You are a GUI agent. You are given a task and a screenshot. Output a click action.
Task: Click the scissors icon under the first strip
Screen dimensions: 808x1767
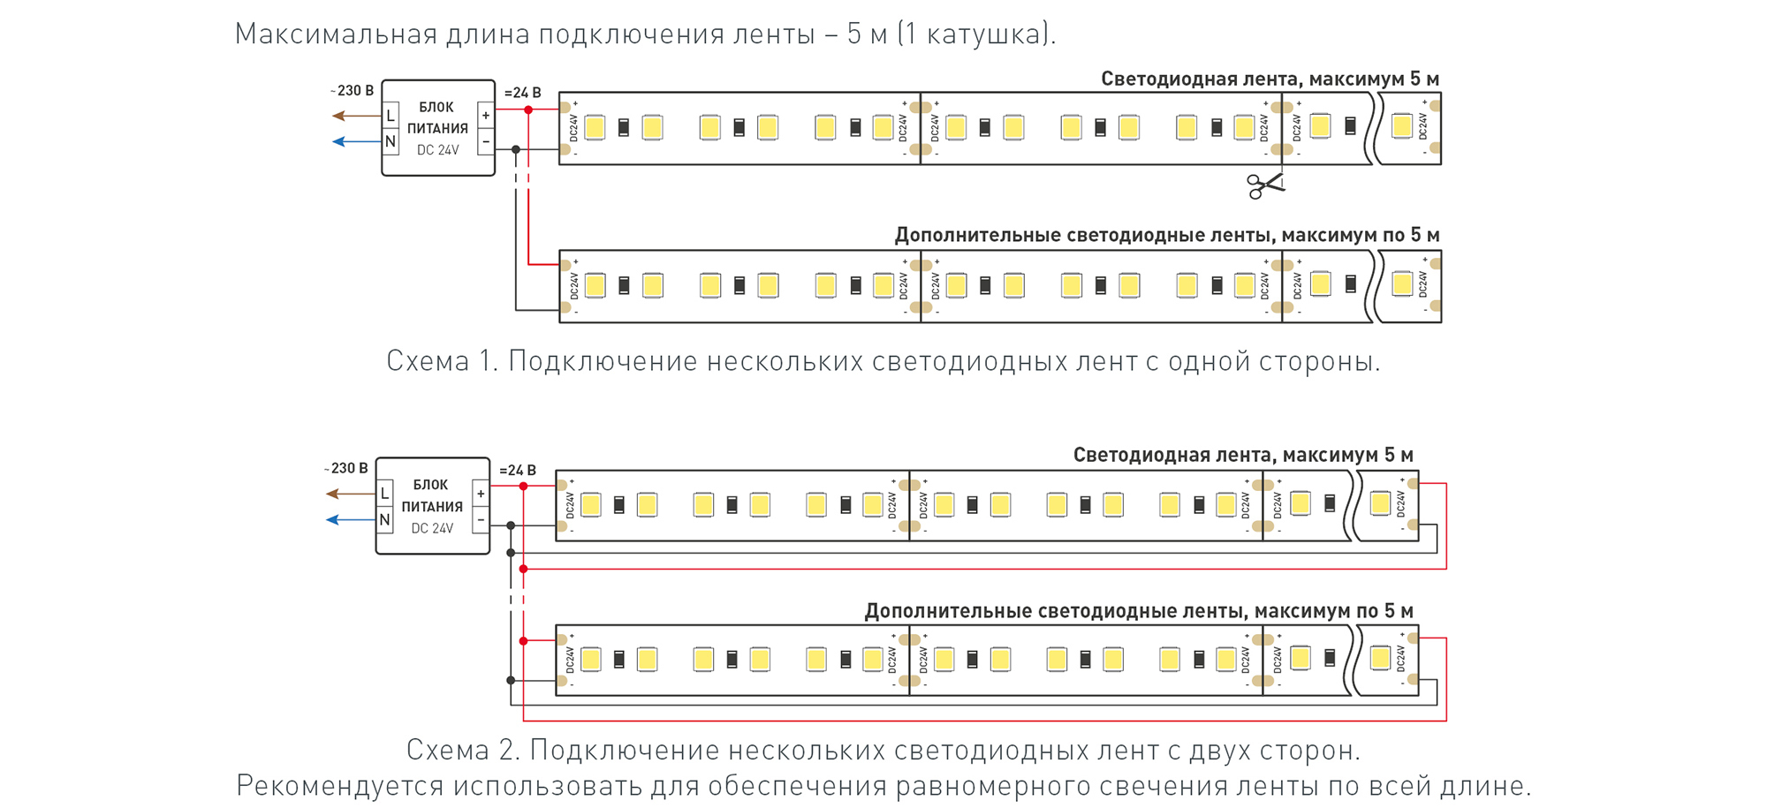pos(1264,185)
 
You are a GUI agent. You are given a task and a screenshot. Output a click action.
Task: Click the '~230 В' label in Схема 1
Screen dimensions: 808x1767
pos(353,90)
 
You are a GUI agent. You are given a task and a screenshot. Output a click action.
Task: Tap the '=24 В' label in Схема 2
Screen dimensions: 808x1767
pos(518,470)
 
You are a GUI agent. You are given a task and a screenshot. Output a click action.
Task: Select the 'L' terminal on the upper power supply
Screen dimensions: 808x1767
pos(391,116)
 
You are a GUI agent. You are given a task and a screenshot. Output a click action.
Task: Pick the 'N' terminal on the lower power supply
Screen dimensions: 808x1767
pos(384,520)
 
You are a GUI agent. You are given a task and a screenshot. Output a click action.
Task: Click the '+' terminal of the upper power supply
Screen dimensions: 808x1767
pos(485,116)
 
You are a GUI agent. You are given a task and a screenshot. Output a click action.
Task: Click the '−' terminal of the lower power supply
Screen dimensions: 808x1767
pos(480,520)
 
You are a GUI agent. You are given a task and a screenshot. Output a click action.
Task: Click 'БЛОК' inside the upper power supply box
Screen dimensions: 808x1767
pos(436,107)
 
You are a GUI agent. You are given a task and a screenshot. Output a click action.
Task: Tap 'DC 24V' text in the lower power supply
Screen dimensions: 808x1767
pos(432,528)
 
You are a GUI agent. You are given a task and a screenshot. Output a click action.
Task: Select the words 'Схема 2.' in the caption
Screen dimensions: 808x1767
pos(463,750)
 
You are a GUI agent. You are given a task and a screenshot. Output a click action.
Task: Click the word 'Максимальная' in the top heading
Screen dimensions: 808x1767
pos(336,34)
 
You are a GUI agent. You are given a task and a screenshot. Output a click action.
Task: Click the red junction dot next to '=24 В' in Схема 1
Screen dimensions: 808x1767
pos(528,109)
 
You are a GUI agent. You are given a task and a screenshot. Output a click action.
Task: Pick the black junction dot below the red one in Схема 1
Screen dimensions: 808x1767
pos(516,149)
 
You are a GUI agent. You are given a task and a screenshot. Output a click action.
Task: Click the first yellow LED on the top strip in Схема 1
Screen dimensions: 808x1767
pos(595,127)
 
